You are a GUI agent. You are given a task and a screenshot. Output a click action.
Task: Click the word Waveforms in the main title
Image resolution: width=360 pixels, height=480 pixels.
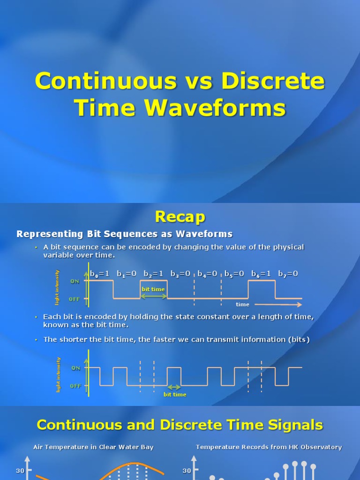pos(215,107)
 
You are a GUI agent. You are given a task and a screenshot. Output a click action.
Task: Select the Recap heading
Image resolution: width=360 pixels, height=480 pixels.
pos(180,217)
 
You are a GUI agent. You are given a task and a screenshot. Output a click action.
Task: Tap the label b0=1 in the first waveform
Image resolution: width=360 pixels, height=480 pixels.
pos(100,274)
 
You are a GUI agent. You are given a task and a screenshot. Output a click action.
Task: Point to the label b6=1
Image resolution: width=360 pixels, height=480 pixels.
pos(261,274)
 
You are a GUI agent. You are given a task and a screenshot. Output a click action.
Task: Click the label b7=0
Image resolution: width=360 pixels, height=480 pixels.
pos(288,274)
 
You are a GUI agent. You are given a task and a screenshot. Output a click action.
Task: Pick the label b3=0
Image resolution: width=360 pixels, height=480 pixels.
pos(180,274)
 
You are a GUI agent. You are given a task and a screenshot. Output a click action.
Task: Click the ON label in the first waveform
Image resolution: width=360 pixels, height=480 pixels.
pos(75,281)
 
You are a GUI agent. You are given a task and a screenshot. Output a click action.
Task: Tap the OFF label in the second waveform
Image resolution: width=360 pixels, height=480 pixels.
pos(75,386)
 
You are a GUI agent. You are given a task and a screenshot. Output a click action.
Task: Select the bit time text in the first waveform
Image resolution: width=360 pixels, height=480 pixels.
pos(153,289)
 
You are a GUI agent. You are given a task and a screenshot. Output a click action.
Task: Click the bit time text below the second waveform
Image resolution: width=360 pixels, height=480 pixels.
pos(175,395)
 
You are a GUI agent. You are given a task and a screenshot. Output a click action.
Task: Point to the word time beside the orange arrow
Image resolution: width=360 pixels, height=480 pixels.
pos(242,305)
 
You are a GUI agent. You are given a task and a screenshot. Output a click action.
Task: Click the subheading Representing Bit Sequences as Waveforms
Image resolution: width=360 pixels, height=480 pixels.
pos(125,234)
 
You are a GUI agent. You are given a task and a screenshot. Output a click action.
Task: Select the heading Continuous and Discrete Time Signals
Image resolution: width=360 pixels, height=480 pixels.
pos(180,425)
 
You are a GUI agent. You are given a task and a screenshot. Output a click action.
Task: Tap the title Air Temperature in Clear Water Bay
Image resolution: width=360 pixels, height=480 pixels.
pos(93,447)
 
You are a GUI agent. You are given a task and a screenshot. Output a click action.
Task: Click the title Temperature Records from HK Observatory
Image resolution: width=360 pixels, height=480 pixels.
pos(269,447)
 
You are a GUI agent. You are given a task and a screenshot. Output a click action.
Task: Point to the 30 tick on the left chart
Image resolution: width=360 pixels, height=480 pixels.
pos(20,471)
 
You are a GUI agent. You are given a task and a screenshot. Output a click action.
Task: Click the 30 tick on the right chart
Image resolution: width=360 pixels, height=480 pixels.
pos(187,471)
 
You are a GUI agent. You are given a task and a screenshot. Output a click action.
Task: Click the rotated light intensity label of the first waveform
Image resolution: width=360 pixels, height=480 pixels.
pos(58,286)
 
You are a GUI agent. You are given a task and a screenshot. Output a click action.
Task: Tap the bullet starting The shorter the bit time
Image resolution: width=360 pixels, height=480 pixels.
pos(176,339)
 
